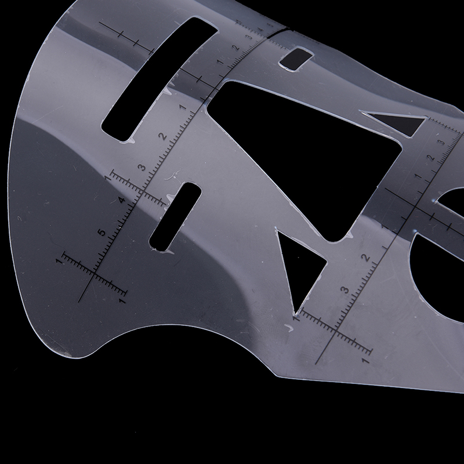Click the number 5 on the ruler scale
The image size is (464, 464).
(101, 232)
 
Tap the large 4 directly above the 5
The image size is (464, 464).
(122, 200)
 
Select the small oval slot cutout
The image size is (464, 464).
(175, 217)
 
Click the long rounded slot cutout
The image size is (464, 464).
(160, 79)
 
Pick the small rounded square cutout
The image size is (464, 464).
(296, 59)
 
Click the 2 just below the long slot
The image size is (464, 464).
(163, 136)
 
